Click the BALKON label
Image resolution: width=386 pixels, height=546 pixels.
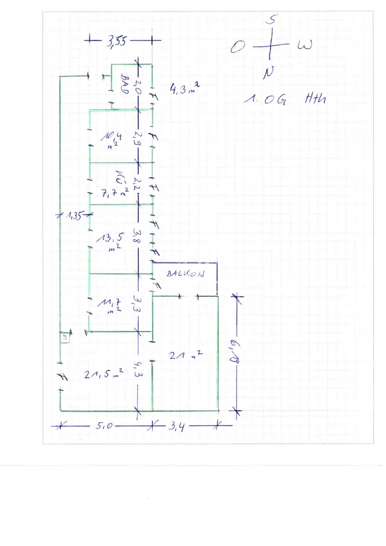click(x=185, y=274)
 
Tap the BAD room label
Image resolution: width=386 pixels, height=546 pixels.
click(x=124, y=86)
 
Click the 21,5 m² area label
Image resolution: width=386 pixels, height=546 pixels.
click(x=103, y=374)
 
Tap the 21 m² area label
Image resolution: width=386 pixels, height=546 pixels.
click(x=187, y=355)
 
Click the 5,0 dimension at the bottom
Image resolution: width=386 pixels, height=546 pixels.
click(x=104, y=426)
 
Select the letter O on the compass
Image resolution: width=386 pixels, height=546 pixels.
click(x=236, y=48)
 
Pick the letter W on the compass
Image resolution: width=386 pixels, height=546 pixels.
click(x=305, y=46)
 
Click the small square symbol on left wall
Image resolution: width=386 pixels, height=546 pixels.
click(x=64, y=337)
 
